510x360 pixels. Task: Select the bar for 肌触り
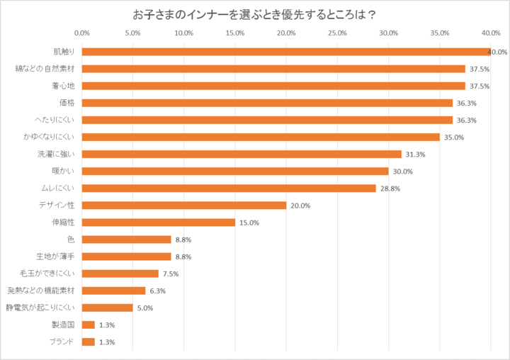(x=286, y=52)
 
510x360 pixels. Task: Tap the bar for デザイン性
(x=184, y=206)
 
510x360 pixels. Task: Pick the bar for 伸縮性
(x=159, y=223)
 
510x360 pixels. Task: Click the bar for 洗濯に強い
(x=242, y=154)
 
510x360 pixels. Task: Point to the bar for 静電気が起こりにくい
(x=108, y=308)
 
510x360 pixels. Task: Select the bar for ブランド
(x=89, y=342)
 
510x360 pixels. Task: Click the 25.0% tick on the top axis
(x=337, y=33)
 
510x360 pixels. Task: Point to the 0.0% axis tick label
(x=82, y=33)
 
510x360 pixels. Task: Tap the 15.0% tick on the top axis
(x=235, y=33)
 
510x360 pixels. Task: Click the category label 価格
(x=67, y=103)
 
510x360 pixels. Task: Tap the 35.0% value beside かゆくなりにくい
(x=453, y=137)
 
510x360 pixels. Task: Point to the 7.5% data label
(x=171, y=274)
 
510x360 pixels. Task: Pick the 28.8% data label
(x=389, y=189)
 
